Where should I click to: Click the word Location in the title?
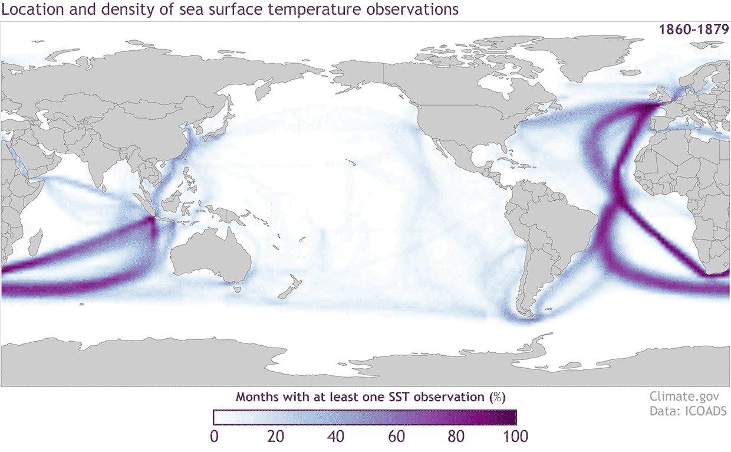(28, 10)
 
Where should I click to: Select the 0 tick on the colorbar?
(215, 437)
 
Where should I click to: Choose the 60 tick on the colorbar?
(396, 437)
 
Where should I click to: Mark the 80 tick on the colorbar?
(456, 437)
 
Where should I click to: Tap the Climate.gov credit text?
(688, 396)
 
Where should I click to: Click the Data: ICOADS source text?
(688, 411)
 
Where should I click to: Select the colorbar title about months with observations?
(371, 396)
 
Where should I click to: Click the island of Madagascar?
(34, 243)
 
